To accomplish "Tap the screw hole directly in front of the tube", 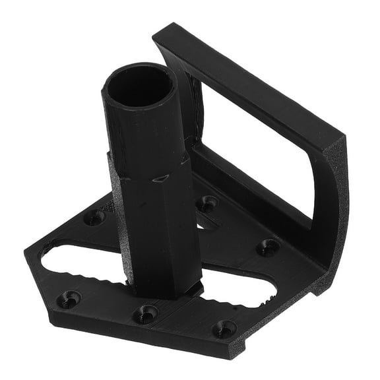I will click(x=146, y=312).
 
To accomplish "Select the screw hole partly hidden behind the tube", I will click(x=208, y=203).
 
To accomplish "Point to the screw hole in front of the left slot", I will click(x=69, y=299).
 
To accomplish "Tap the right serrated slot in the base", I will click(x=234, y=294).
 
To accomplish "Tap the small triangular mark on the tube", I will click(x=160, y=179).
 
